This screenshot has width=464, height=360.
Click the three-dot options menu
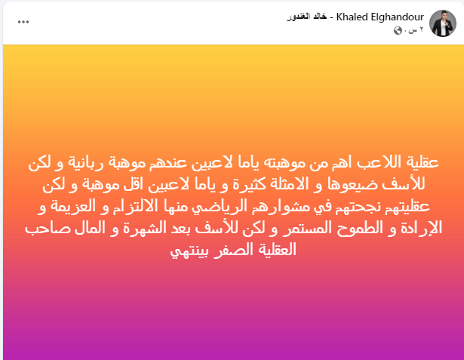point(23,22)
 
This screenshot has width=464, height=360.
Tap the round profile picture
point(443,23)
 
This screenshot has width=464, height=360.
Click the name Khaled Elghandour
point(380,17)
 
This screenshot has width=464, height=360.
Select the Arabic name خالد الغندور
point(307,17)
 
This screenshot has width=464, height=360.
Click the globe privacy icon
point(398,30)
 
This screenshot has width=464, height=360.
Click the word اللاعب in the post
point(377,162)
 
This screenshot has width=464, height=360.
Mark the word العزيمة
point(72,206)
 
